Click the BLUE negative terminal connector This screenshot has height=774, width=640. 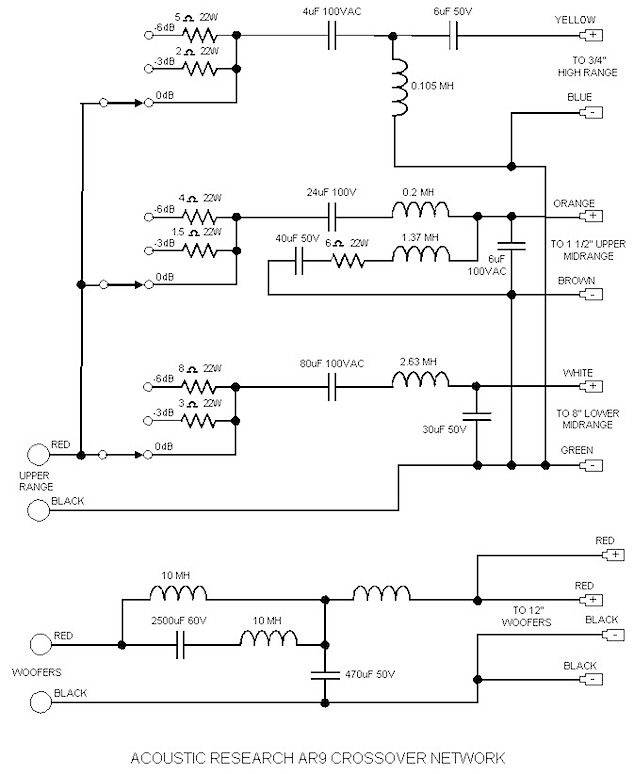click(x=594, y=113)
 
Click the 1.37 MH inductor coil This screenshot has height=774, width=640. click(x=418, y=257)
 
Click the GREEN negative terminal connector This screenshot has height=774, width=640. click(x=594, y=464)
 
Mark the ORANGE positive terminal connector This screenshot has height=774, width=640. click(x=594, y=215)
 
